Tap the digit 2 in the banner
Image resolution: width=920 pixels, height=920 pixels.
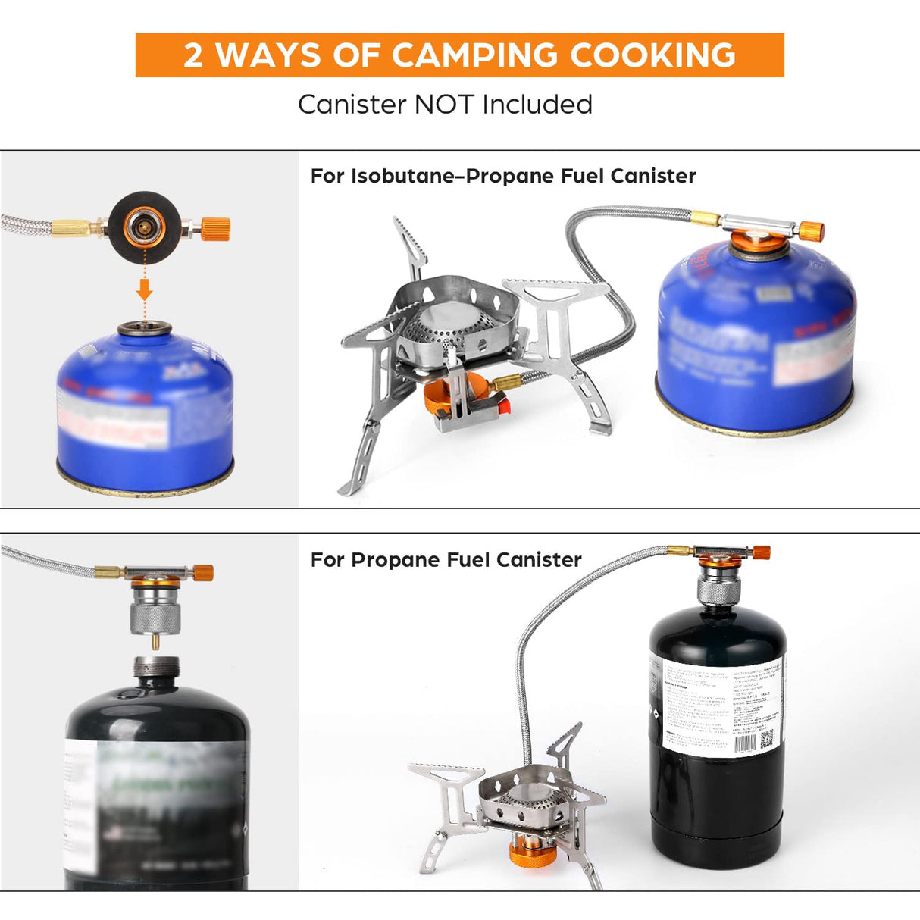click(x=193, y=55)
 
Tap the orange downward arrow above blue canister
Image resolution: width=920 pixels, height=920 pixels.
click(x=145, y=289)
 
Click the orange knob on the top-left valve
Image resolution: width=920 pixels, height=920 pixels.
click(x=216, y=227)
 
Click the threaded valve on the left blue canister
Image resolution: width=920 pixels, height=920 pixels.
click(x=145, y=330)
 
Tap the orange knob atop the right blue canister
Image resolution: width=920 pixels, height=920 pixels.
click(x=812, y=230)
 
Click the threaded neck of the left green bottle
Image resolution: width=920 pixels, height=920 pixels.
click(x=156, y=669)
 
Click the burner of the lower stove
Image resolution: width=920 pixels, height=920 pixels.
click(x=529, y=796)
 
